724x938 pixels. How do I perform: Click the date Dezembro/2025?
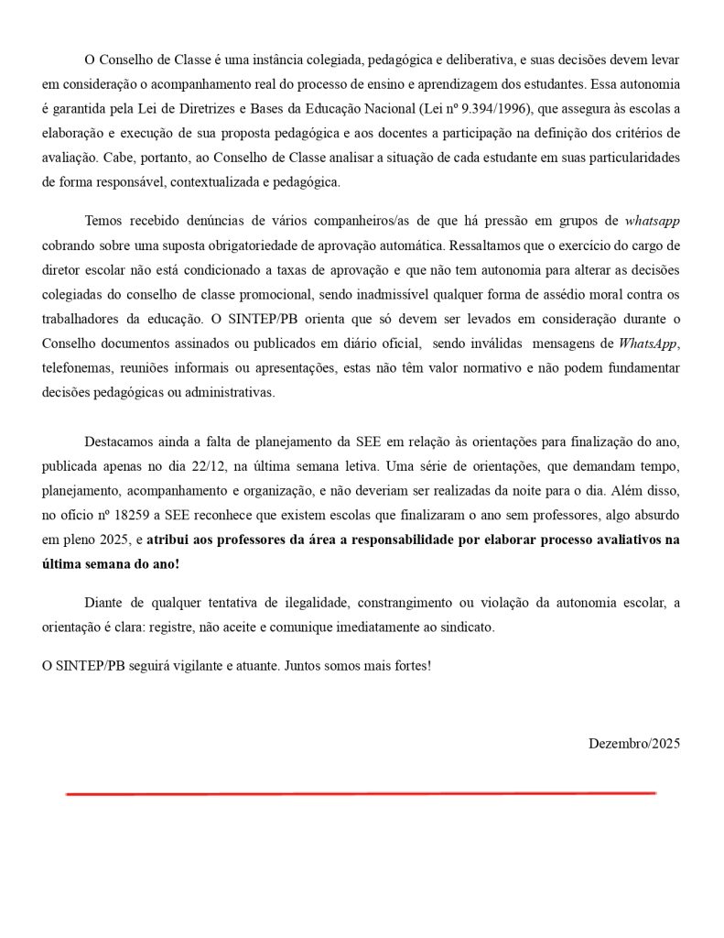click(633, 744)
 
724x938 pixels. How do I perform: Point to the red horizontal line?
click(361, 793)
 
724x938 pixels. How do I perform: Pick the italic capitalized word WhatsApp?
click(649, 344)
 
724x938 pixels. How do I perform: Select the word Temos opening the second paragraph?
click(103, 221)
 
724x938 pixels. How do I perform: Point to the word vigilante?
click(199, 665)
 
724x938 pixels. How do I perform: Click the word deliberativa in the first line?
click(459, 60)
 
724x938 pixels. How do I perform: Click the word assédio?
click(576, 295)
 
